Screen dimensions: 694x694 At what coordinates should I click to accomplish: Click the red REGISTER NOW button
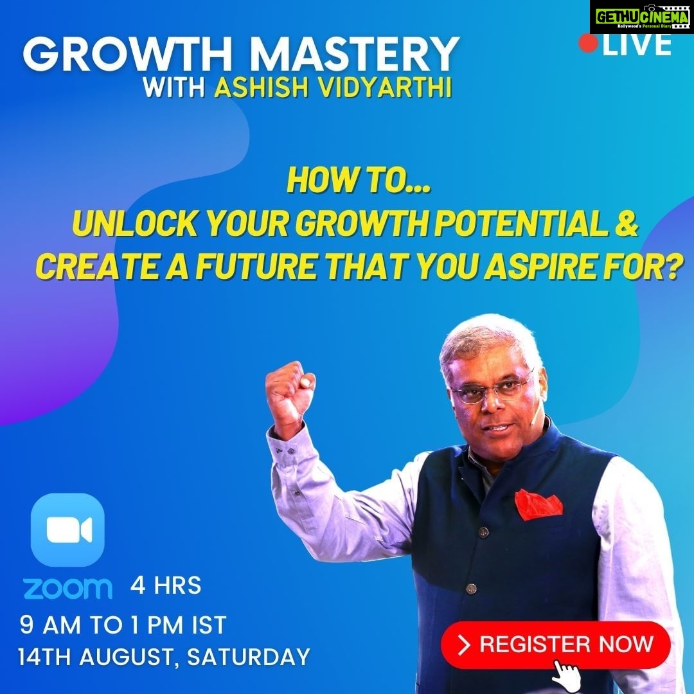click(x=555, y=645)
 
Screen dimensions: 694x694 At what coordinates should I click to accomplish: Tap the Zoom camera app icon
click(x=67, y=529)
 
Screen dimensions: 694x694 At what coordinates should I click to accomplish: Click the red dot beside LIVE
click(x=588, y=44)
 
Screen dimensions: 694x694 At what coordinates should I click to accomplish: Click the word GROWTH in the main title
click(x=128, y=55)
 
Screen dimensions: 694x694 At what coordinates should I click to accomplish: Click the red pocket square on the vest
click(x=538, y=504)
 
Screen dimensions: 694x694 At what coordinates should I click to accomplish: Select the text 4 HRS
click(x=166, y=585)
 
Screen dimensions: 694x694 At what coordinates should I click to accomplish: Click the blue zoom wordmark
click(x=67, y=588)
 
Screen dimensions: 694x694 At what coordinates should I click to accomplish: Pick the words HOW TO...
click(x=358, y=181)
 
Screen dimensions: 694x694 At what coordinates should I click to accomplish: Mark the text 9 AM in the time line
click(x=50, y=625)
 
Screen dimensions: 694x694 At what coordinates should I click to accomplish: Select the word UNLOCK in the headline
click(x=134, y=224)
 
